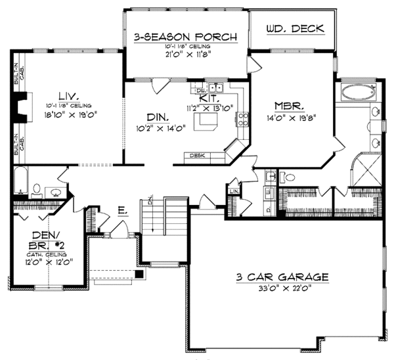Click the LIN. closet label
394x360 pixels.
pos(234,191)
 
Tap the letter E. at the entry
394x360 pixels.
pos(122,212)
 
